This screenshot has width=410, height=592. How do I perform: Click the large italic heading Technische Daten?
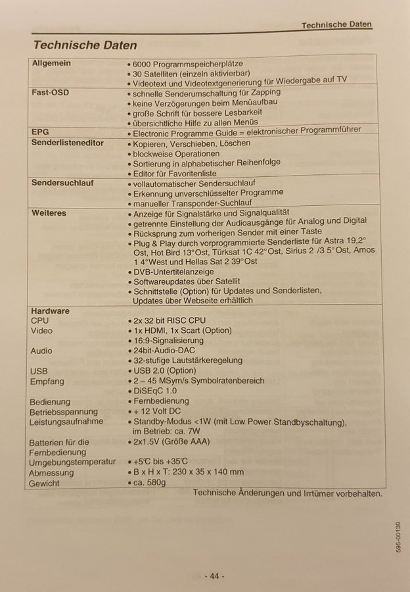point(85,45)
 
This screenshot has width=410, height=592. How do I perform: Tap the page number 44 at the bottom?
point(215,576)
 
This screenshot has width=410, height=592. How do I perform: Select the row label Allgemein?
point(51,64)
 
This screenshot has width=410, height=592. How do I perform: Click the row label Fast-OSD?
point(50,93)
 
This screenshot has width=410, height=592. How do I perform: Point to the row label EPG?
point(41,132)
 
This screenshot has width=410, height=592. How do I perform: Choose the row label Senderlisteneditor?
point(68,143)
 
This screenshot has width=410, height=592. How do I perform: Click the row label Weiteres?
point(49,213)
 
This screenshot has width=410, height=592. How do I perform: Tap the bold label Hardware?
point(50,310)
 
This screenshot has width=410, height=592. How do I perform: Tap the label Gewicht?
point(44,483)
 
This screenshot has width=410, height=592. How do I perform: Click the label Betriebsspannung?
point(63,411)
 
